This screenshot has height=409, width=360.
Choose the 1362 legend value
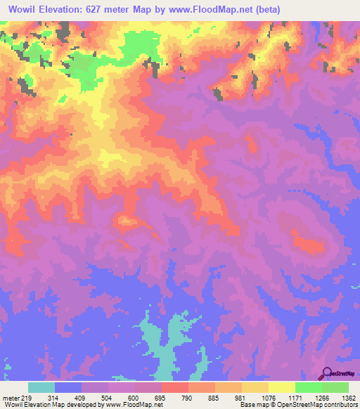347,397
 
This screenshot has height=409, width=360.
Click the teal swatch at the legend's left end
41,387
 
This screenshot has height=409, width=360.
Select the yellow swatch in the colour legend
282,387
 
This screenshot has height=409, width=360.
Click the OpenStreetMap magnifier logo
327,373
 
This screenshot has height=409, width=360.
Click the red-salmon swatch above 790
175,387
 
